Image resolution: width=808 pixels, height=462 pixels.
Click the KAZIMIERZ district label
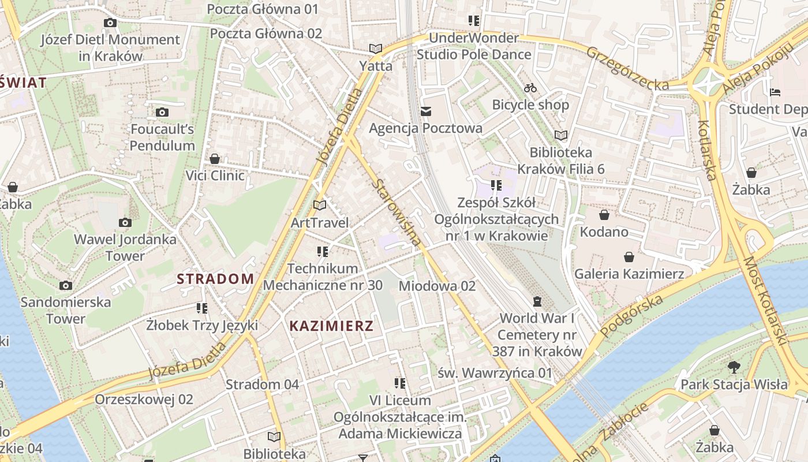click(x=331, y=326)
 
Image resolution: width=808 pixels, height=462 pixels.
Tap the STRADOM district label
click(x=215, y=279)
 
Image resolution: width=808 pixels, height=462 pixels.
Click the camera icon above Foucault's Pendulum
click(x=162, y=112)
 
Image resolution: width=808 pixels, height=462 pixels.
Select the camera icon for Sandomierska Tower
click(x=66, y=285)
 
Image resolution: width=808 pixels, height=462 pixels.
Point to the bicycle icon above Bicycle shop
click(x=530, y=88)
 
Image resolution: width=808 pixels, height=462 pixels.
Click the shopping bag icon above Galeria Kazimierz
click(x=629, y=257)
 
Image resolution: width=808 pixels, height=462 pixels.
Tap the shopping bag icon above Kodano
click(x=604, y=215)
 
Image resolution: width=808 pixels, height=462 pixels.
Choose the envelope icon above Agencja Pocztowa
click(x=426, y=111)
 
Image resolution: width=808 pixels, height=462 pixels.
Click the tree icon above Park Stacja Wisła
click(x=734, y=367)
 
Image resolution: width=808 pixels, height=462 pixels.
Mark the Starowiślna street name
click(x=398, y=213)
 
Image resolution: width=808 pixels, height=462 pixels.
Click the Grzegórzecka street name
click(x=627, y=68)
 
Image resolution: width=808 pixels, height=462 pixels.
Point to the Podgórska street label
click(x=631, y=316)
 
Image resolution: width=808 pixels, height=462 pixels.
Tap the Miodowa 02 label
click(x=437, y=286)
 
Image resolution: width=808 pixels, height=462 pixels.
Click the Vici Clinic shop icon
click(x=215, y=158)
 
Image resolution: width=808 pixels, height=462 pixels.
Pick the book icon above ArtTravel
click(x=320, y=205)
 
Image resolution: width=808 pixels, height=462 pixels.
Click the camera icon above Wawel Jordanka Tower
click(x=125, y=222)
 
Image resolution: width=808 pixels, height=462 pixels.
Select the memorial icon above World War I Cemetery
click(x=537, y=301)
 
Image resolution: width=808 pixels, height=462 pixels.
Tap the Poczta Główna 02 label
click(x=265, y=33)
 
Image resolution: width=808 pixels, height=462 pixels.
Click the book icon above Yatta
click(x=376, y=49)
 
